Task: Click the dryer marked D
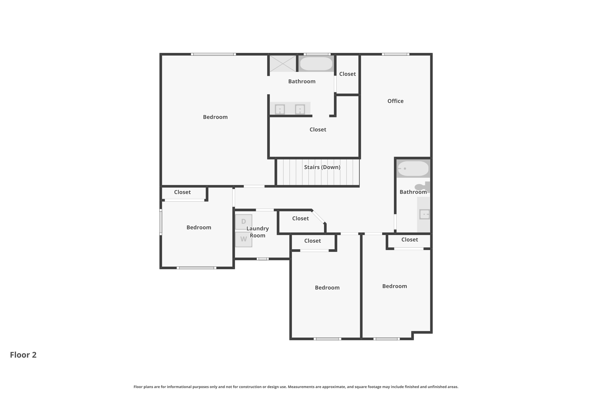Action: [x=243, y=222]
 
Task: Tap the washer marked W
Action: [x=243, y=239]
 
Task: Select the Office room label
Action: [x=395, y=101]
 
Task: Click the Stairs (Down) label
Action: [x=322, y=167]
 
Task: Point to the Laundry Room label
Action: [x=258, y=232]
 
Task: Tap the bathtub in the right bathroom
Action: [x=413, y=168]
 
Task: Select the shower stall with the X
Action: [x=283, y=63]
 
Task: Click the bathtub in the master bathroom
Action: [x=316, y=64]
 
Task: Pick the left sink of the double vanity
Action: [x=280, y=109]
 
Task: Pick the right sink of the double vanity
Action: [x=300, y=109]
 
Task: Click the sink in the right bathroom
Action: [x=424, y=214]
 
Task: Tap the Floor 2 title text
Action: [x=23, y=355]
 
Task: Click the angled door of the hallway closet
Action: [x=318, y=216]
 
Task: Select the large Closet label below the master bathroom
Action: [x=318, y=130]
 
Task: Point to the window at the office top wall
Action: [x=395, y=54]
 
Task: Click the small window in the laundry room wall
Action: [x=262, y=259]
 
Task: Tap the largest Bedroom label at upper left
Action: [x=215, y=117]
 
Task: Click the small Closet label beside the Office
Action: [x=347, y=74]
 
